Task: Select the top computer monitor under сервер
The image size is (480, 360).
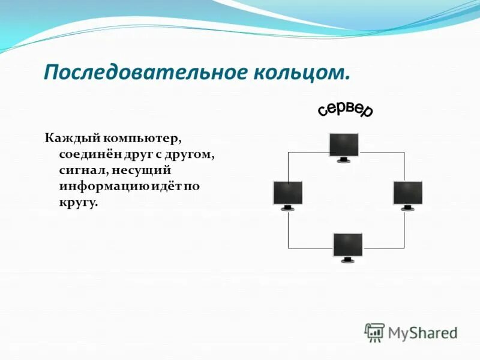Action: tap(344, 145)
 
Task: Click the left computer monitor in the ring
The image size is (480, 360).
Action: tap(288, 193)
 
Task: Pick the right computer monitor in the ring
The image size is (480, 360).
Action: tap(408, 193)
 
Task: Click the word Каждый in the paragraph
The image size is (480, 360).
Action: tap(68, 139)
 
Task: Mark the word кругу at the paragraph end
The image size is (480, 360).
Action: tap(77, 203)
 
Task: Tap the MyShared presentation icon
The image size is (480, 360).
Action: tap(374, 332)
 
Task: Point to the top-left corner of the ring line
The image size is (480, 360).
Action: tap(289, 152)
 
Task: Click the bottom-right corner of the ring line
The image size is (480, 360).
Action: tap(404, 247)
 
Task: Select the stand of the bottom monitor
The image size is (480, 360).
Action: tap(348, 260)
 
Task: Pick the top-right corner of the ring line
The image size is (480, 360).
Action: tap(404, 152)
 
